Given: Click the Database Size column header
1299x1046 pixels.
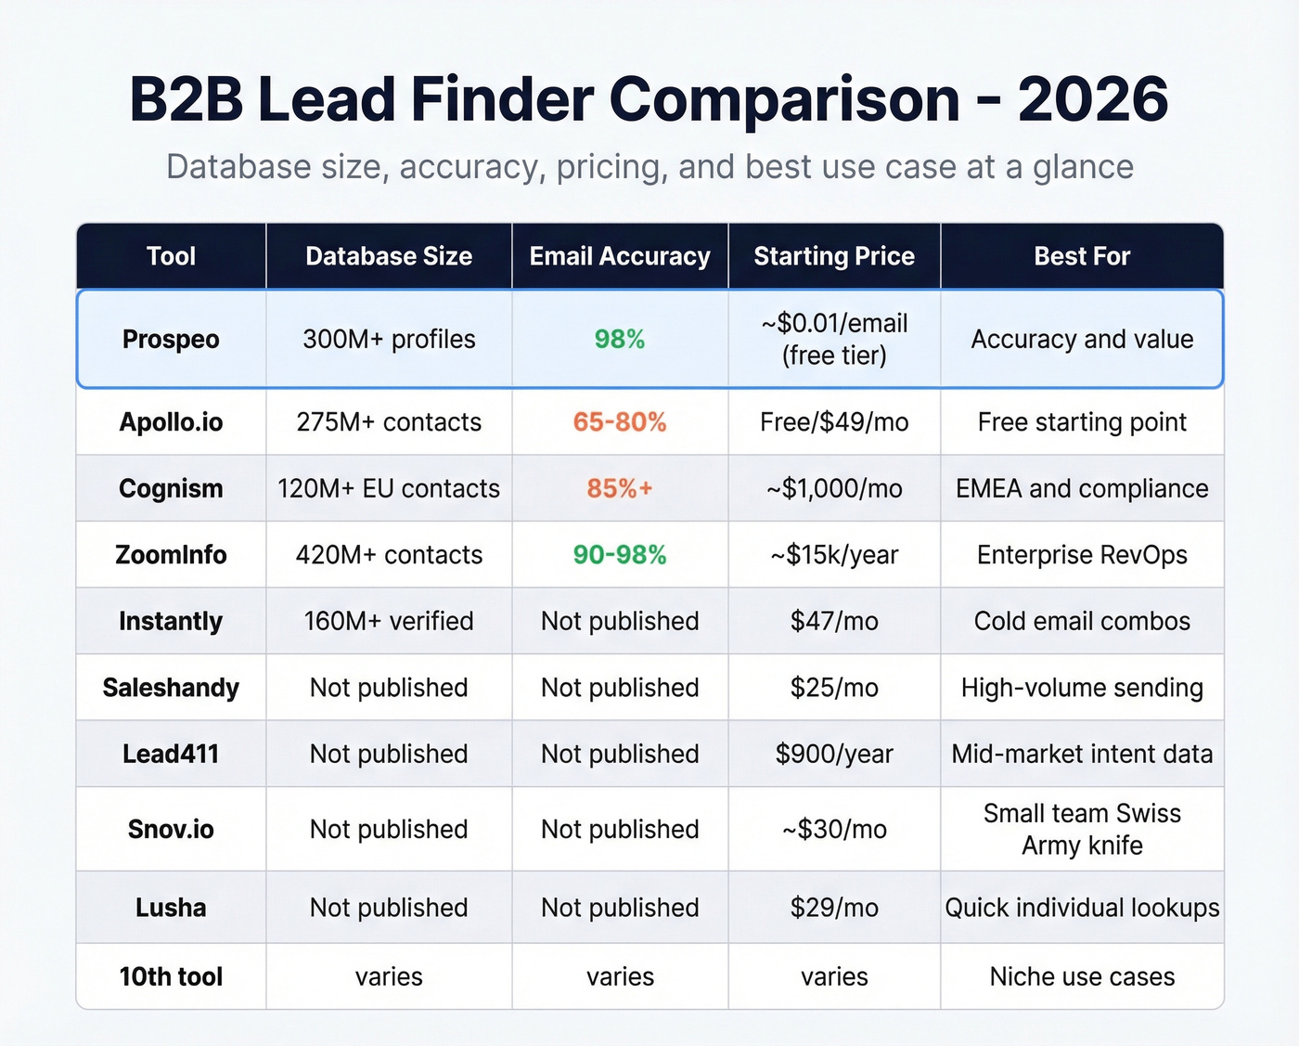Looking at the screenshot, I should (389, 256).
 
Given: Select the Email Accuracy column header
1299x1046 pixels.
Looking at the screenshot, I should (620, 256).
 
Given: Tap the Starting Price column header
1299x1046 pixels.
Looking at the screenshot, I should (834, 256).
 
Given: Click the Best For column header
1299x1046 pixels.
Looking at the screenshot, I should (1082, 256).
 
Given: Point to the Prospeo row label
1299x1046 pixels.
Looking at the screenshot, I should (171, 340).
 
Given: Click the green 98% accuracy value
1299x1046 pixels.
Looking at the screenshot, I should (620, 340).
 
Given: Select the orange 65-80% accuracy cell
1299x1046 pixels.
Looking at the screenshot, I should (620, 422).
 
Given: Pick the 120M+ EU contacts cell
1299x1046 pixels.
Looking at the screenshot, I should (389, 488).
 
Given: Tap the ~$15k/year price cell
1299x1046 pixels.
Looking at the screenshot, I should (834, 555).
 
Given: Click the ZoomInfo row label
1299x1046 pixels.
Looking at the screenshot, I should (171, 555).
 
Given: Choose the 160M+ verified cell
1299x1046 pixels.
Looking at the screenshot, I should (389, 621).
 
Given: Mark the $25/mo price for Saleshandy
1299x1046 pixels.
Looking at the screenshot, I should (834, 688).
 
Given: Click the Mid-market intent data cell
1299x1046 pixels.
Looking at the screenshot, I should (1082, 754).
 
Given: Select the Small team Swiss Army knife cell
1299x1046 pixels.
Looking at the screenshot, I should (1082, 829).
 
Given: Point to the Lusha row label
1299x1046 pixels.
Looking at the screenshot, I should (171, 908).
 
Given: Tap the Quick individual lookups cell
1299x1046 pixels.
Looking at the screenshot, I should (1082, 908).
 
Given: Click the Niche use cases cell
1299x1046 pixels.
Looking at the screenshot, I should (1082, 976).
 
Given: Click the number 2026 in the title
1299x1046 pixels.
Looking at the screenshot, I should (1092, 99).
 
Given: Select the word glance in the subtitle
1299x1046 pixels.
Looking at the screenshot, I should (1083, 168).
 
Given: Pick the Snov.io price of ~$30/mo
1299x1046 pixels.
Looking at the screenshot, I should (834, 829).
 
